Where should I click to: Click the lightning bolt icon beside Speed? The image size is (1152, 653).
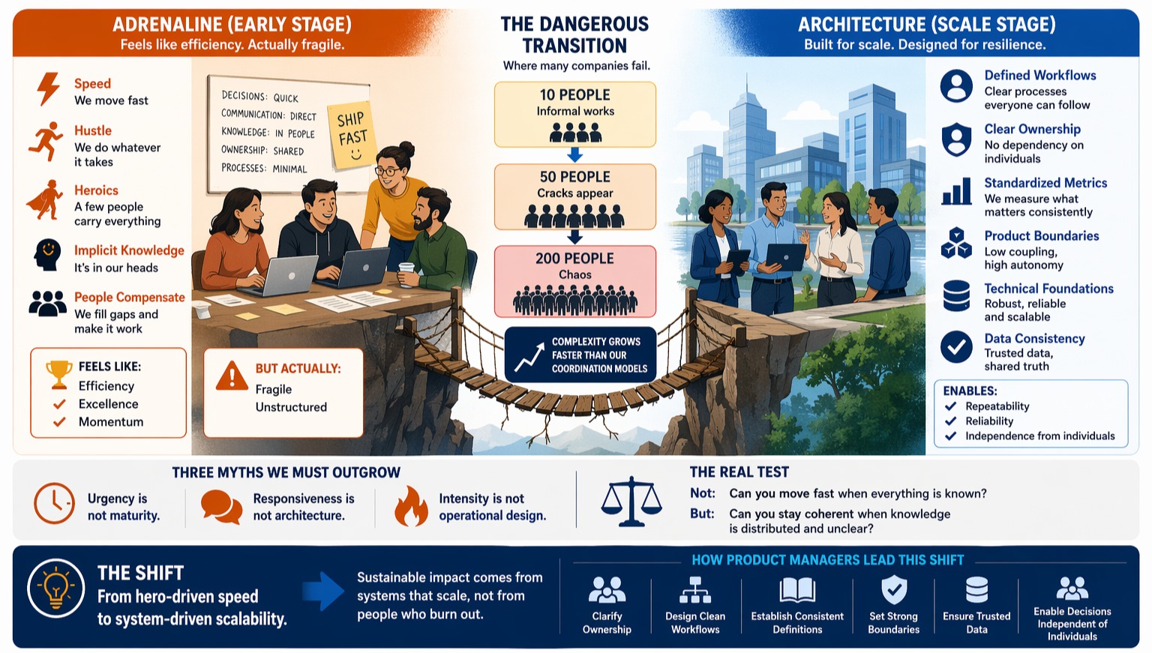[x=48, y=89]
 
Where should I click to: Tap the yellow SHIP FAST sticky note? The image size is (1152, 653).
[x=352, y=136]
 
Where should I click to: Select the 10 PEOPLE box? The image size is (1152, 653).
[x=575, y=115]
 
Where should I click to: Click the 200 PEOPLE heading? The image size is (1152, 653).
[x=575, y=258]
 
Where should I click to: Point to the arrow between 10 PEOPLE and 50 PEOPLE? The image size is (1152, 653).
[x=574, y=154]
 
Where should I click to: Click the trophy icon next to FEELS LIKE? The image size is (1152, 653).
[x=59, y=374]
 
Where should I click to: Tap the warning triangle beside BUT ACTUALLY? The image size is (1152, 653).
[x=232, y=376]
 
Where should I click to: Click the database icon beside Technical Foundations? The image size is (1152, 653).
[x=956, y=295]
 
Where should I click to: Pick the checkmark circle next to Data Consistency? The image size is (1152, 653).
[x=956, y=347]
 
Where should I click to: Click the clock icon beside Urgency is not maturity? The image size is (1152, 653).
[x=54, y=503]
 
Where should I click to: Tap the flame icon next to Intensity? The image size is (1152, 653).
[x=411, y=507]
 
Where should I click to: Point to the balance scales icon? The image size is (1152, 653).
[x=631, y=502]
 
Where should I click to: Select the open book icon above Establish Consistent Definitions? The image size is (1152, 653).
[x=797, y=590]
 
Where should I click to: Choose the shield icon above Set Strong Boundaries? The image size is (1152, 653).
[x=894, y=590]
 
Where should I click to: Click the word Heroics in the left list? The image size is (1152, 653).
[x=96, y=190]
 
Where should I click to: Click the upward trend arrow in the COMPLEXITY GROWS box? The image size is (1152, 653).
[x=529, y=357]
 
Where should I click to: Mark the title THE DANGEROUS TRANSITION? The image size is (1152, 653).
[x=574, y=34]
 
